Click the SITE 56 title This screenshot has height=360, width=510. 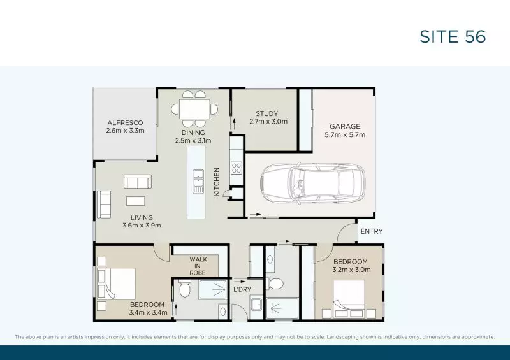point(453,37)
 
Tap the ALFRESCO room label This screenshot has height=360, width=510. point(125,122)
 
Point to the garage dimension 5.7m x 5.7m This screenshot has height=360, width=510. point(345,134)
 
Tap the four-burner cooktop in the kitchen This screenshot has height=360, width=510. point(236,169)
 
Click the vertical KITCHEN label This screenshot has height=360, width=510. point(217,182)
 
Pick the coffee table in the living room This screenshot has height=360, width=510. point(136,201)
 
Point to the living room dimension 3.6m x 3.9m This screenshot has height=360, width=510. point(142,225)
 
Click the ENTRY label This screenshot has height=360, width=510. point(371,231)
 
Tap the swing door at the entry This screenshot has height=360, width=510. point(347,233)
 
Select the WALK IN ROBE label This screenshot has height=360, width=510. point(198,266)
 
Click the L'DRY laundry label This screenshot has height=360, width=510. point(242,290)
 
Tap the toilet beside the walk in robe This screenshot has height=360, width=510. point(184,291)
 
